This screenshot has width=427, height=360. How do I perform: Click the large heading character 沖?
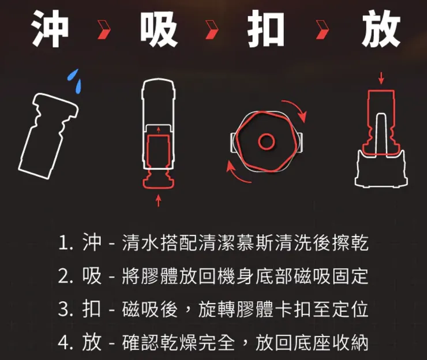coord(50,27)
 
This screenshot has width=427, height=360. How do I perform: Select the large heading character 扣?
coord(266,27)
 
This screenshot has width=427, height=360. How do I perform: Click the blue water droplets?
coord(74,80)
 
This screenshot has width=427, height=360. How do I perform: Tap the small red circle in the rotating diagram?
coord(266,140)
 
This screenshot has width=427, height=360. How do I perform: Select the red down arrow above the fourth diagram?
coord(381,78)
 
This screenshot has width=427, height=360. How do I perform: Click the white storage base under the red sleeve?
coord(380,170)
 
